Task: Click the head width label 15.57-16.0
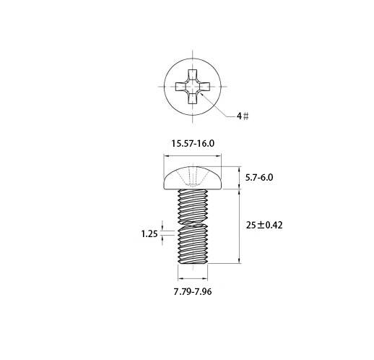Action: [x=193, y=144]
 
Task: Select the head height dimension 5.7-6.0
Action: [x=259, y=178]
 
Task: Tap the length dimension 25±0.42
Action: [x=264, y=226]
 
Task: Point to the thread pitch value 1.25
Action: [x=149, y=233]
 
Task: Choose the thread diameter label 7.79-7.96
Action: [x=193, y=292]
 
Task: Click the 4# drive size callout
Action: [x=243, y=116]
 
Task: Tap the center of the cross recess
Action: [x=193, y=86]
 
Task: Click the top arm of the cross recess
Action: [x=193, y=74]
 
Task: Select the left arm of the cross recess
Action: [x=181, y=86]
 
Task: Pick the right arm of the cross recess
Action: [x=204, y=86]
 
